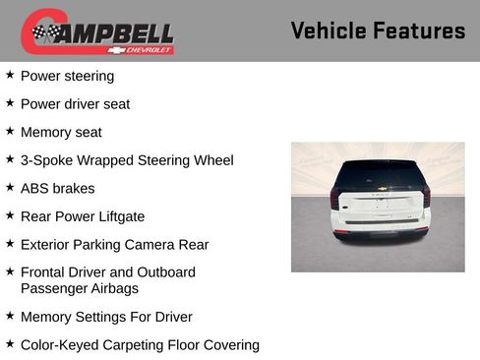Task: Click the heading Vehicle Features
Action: tap(378, 30)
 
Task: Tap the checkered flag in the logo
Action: tap(44, 32)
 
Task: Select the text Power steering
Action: tap(67, 76)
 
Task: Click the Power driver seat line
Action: tap(75, 103)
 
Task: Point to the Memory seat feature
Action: tap(61, 132)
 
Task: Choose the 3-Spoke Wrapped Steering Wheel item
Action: tap(127, 159)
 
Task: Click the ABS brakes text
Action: tap(57, 188)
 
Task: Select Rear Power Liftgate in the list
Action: tap(83, 216)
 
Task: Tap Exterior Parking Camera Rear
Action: tap(114, 244)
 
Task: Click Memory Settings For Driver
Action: tap(106, 317)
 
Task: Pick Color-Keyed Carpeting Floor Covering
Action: tap(140, 345)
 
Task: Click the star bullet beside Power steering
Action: tap(10, 75)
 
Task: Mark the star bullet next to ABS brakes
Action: tap(10, 187)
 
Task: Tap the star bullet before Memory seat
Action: tap(10, 131)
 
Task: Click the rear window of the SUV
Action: tap(378, 175)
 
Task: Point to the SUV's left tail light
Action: tap(335, 197)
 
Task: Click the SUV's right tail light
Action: tap(426, 196)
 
